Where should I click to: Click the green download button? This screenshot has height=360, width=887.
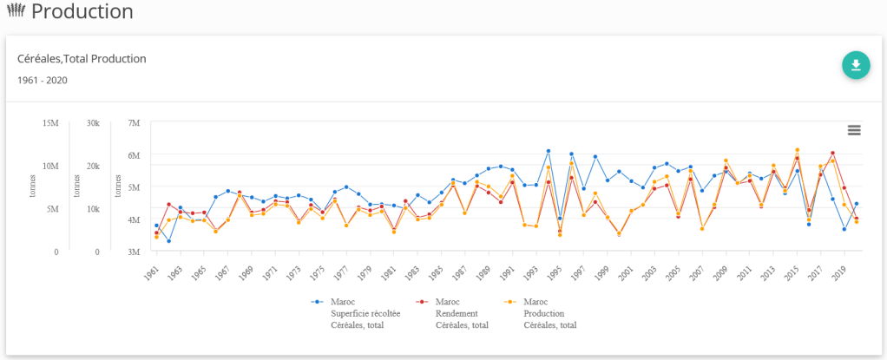[x=856, y=65]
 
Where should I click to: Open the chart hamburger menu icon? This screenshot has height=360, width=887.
[x=854, y=130]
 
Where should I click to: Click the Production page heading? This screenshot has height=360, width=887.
[x=82, y=12]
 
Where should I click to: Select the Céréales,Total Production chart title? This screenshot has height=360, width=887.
[x=82, y=59]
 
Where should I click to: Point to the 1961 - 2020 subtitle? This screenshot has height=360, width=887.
[x=43, y=80]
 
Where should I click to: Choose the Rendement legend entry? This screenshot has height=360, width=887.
[x=461, y=313]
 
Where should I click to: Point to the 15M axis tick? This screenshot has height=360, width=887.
[x=50, y=123]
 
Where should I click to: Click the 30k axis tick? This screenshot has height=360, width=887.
[x=92, y=123]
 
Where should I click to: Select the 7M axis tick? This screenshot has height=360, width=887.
[x=133, y=123]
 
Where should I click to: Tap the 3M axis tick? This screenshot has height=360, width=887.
[x=133, y=252]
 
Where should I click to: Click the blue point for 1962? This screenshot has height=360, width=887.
[x=168, y=240]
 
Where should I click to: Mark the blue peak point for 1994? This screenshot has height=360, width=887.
[x=549, y=151]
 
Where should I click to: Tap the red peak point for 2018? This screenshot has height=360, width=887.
[x=832, y=153]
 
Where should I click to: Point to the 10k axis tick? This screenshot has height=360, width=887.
[x=92, y=209]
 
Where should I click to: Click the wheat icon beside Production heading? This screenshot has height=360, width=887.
[x=15, y=12]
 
